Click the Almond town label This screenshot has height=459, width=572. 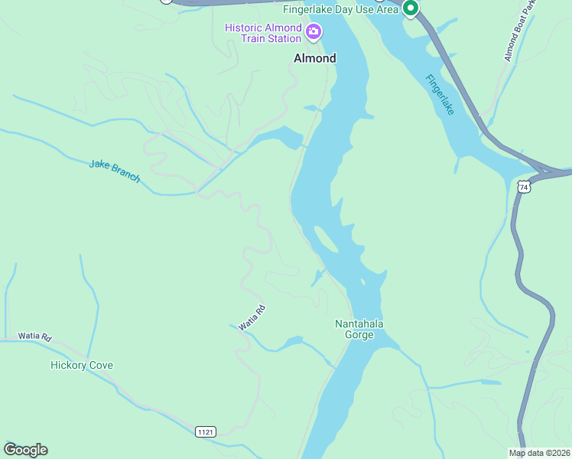(x=314, y=58)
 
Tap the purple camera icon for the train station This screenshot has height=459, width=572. (x=313, y=32)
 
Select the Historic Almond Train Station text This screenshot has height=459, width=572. (x=263, y=33)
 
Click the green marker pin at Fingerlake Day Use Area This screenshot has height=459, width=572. (x=410, y=8)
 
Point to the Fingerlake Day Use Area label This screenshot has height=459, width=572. (x=340, y=9)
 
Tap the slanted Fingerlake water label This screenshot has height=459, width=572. (x=440, y=94)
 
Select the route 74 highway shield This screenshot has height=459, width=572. (x=523, y=187)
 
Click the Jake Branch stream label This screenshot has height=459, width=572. (x=115, y=170)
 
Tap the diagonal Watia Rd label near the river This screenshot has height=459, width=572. (x=251, y=317)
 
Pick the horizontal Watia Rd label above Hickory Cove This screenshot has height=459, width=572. (x=34, y=337)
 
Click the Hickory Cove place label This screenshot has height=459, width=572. (x=81, y=365)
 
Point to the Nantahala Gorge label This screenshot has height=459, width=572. (x=359, y=329)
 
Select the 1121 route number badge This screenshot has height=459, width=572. (x=205, y=432)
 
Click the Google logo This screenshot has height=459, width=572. (x=25, y=450)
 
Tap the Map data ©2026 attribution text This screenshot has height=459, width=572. (x=539, y=453)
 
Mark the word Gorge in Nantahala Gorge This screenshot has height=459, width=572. (x=359, y=335)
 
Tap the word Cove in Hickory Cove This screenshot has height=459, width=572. (x=99, y=365)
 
